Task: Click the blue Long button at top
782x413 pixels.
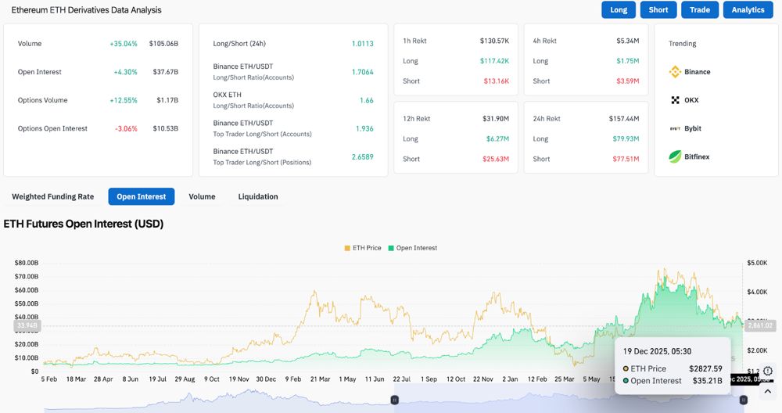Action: [x=619, y=9]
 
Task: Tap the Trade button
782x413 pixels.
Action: [x=700, y=9]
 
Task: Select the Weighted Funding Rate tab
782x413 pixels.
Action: [x=52, y=196]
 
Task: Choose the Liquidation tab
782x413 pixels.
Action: [x=258, y=196]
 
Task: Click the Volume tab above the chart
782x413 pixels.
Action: [x=202, y=196]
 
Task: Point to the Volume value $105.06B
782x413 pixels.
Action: [x=163, y=44]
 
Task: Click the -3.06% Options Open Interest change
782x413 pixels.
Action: [x=125, y=128]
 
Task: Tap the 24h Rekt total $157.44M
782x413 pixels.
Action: [x=624, y=119]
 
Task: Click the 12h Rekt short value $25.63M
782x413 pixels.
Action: [x=495, y=159]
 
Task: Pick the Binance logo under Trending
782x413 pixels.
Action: [x=676, y=72]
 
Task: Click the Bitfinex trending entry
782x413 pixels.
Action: [x=689, y=156]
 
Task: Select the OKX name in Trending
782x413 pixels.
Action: [x=691, y=100]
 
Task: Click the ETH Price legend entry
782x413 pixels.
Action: [x=363, y=248]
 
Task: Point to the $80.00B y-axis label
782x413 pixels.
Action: [x=27, y=263]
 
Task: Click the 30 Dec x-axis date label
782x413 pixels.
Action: [x=266, y=379]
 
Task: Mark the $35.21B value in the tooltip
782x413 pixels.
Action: [x=705, y=381]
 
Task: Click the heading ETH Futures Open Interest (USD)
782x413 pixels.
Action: [x=84, y=224]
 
